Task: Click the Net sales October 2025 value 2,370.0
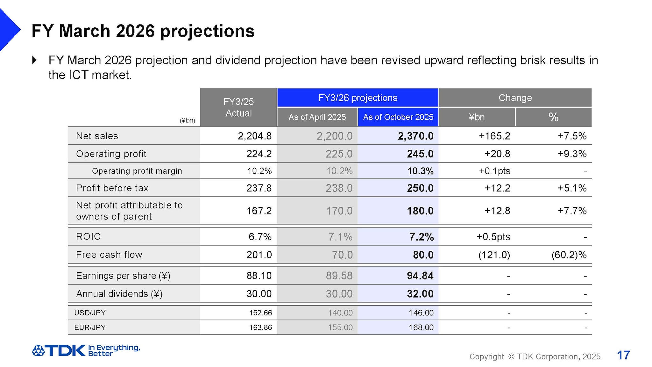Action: tap(415, 136)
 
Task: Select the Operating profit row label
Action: tap(111, 154)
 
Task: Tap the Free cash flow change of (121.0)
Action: tap(494, 255)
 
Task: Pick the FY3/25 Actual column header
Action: tap(238, 107)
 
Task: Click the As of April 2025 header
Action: tap(317, 117)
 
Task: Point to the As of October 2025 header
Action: tap(398, 117)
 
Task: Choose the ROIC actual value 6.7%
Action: tap(260, 237)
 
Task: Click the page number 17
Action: tap(623, 355)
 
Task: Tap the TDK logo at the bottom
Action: tap(59, 350)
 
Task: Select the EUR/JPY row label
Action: tap(90, 327)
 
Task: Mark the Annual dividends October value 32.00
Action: tap(420, 294)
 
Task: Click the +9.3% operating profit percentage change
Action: tap(572, 154)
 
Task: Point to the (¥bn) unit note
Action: tap(187, 120)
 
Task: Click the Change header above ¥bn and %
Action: tap(515, 98)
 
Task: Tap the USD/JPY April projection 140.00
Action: tap(340, 313)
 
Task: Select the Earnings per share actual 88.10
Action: tap(259, 276)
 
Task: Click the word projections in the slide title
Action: tap(207, 31)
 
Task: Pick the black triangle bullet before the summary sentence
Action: tap(35, 60)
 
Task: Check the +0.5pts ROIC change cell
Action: tap(493, 237)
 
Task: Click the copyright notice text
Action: tap(535, 356)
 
